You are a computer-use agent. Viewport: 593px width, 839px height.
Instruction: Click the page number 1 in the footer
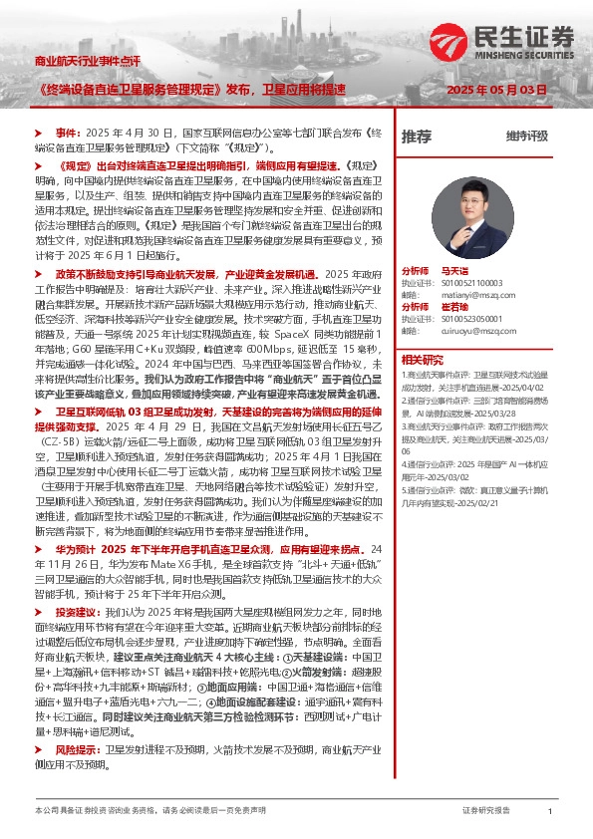coord(549,812)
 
